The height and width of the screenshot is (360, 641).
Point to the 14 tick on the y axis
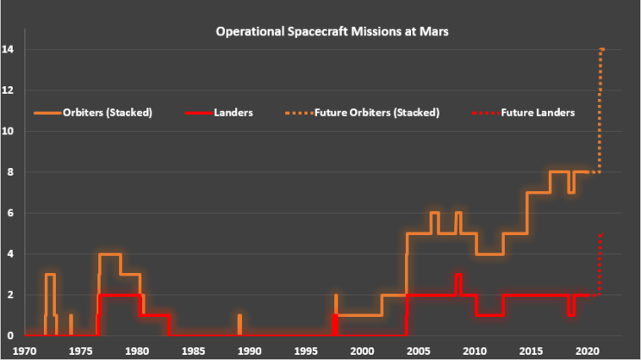coord(11,49)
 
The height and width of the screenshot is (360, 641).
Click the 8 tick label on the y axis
coord(11,172)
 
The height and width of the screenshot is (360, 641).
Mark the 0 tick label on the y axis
coord(11,335)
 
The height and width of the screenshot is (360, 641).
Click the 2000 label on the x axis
coord(362,350)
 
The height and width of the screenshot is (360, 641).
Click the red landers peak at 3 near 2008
coord(457,275)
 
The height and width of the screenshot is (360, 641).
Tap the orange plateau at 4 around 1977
coord(110,254)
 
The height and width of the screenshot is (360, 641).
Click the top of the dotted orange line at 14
coord(602,50)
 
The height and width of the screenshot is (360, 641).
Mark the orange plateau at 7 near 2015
coord(538,193)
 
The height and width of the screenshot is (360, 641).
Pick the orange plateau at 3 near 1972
coord(50,275)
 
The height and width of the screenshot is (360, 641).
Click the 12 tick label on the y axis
coord(11,90)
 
